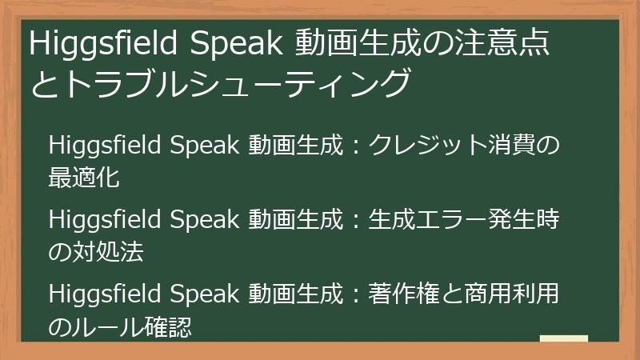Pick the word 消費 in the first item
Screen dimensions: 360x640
pos(514,146)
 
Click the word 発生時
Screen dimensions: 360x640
pos(523,220)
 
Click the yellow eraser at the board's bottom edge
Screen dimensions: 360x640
pos(563,339)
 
